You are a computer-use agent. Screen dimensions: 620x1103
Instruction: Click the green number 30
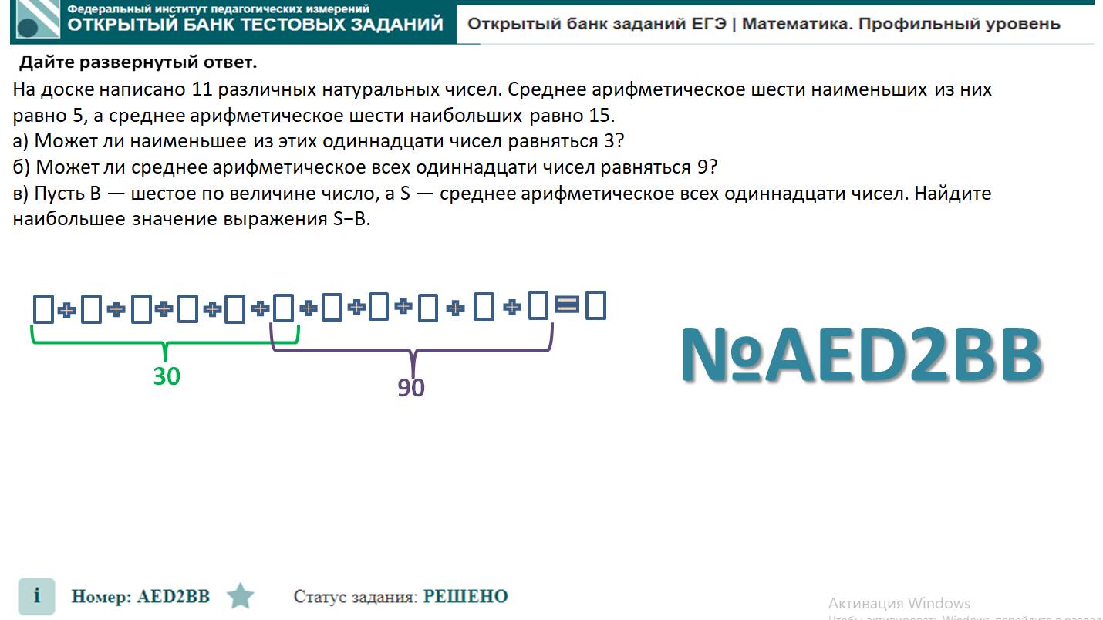tap(166, 376)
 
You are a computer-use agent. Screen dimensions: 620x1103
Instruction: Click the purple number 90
tap(411, 387)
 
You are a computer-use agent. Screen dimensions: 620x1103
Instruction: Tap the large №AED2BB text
tap(862, 355)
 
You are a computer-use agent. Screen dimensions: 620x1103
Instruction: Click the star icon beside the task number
tap(241, 596)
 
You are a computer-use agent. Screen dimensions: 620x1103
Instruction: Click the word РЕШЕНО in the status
tap(466, 596)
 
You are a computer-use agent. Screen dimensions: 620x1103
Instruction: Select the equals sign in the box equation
tap(567, 305)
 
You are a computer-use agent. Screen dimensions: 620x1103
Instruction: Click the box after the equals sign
tap(595, 305)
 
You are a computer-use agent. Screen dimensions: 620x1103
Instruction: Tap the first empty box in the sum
tap(43, 308)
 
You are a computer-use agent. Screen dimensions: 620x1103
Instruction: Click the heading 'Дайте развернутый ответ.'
tap(138, 62)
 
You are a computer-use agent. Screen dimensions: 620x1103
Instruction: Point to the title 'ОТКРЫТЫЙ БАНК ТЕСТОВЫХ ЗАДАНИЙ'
tap(255, 24)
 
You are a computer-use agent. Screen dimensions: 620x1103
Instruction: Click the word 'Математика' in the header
tap(796, 23)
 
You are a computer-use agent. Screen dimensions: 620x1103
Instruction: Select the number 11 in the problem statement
tap(201, 89)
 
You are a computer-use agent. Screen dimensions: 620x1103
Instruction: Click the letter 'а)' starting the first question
tap(21, 141)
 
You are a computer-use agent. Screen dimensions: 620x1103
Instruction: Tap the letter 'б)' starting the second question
tap(22, 167)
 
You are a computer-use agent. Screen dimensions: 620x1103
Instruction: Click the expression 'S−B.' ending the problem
tap(352, 219)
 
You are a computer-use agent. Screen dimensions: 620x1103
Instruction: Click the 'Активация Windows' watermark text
tap(899, 602)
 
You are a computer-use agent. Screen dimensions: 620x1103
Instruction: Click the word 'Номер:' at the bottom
tap(101, 596)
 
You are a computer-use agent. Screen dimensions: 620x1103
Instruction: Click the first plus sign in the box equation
tap(67, 310)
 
